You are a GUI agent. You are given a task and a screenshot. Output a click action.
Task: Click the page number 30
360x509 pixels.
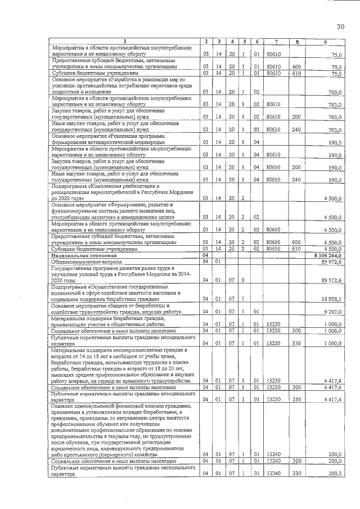click(340, 26)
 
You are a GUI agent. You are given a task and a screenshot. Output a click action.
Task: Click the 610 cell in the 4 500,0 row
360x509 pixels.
click(297, 248)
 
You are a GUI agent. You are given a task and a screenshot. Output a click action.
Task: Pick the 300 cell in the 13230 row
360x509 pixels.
click(297, 388)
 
